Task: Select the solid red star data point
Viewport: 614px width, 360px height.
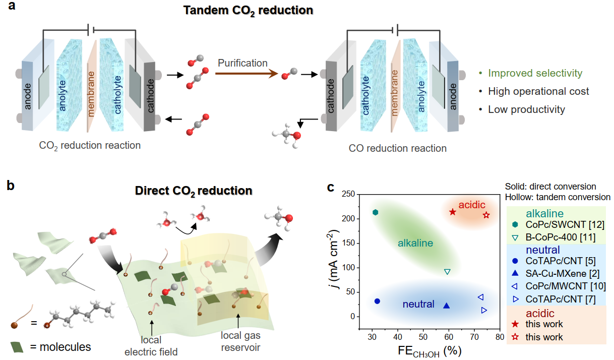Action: point(453,212)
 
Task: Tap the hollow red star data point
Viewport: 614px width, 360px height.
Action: point(486,215)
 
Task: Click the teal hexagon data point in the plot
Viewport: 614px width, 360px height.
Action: point(375,212)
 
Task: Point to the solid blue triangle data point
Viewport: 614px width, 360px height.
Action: point(446,305)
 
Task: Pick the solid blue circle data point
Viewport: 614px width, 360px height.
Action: point(377,301)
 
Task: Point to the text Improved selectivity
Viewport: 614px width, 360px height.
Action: point(535,74)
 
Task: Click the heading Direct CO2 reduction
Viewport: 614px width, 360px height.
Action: point(193,191)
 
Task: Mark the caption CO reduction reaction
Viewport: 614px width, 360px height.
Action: point(397,148)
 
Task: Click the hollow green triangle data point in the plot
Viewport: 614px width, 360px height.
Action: point(447,272)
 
